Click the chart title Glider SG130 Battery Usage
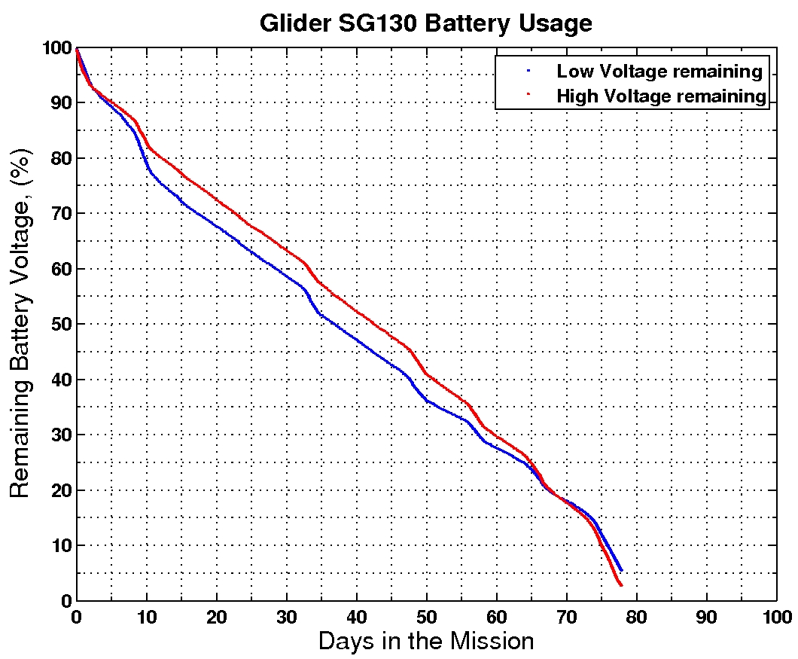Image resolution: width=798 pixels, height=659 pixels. click(425, 23)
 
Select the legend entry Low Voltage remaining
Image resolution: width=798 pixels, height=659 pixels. click(659, 72)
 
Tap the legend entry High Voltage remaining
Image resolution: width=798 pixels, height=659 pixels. click(661, 96)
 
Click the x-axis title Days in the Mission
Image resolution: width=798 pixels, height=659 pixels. click(425, 641)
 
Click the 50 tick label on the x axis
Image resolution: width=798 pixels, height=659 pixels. click(426, 616)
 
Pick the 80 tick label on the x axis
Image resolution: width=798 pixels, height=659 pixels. click(636, 616)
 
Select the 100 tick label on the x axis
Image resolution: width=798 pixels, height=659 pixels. click(776, 616)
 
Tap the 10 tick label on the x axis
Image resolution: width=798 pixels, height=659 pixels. click(146, 616)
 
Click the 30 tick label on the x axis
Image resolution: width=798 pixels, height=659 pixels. click(286, 616)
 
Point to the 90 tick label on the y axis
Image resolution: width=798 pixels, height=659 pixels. click(60, 103)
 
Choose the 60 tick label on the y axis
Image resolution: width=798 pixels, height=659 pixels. click(60, 269)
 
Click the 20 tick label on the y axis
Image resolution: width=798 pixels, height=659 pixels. click(60, 490)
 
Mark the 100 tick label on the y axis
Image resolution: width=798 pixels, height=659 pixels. click(56, 48)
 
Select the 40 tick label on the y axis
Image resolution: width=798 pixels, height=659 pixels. click(60, 380)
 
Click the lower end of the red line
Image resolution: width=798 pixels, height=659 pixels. click(620, 585)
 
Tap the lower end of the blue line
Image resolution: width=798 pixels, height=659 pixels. click(620, 570)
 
